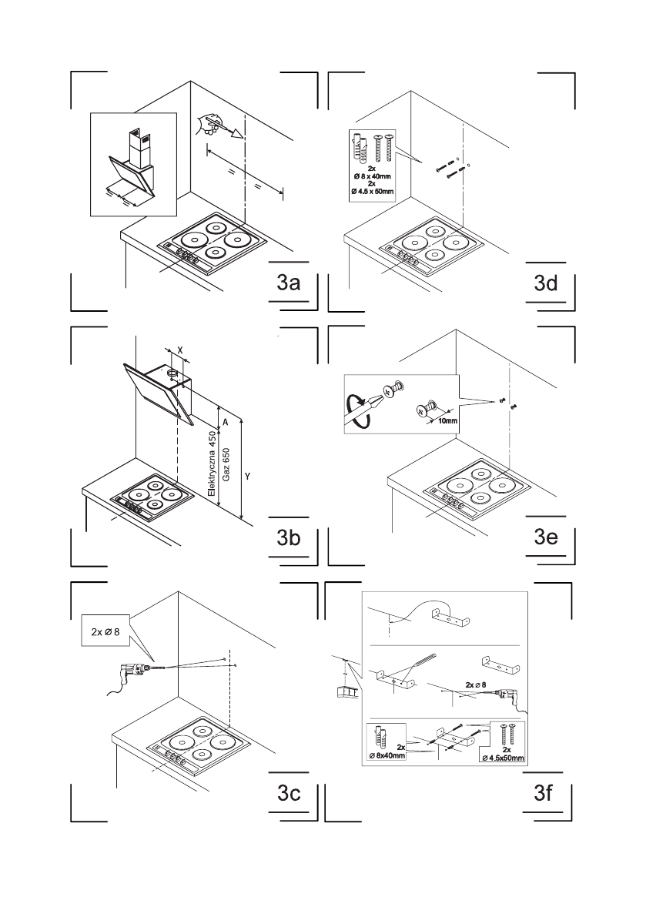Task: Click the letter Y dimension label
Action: point(247,477)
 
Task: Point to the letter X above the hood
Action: point(179,349)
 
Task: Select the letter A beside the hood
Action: point(226,423)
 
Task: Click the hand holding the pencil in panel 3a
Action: point(209,122)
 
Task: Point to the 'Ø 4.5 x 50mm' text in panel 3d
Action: point(372,189)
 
